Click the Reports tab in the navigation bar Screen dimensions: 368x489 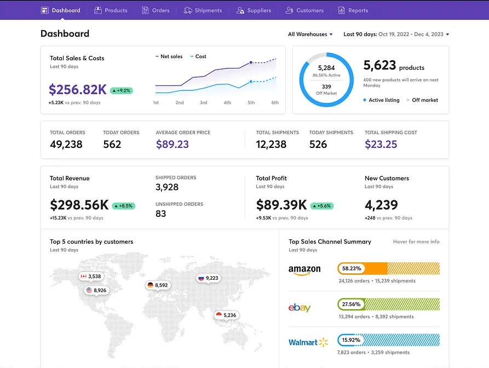coord(353,10)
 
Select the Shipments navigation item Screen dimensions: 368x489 coord(203,10)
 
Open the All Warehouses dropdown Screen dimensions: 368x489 coord(310,34)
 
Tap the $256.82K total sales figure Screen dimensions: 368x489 coord(77,90)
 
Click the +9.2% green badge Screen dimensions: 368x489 coord(122,90)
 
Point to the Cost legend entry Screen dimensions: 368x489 coord(198,56)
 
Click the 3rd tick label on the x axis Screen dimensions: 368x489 coord(203,102)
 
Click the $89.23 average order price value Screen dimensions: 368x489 coord(172,145)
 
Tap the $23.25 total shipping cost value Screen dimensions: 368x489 coord(381,145)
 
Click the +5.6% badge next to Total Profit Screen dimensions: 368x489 coord(321,206)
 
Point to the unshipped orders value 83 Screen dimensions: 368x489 coord(160,214)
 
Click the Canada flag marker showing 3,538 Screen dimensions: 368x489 coord(90,277)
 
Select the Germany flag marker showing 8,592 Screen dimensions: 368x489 coord(157,285)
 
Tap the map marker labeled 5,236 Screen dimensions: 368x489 coord(226,315)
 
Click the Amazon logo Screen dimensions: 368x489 coord(304,270)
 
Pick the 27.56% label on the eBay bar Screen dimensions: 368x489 coord(350,304)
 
